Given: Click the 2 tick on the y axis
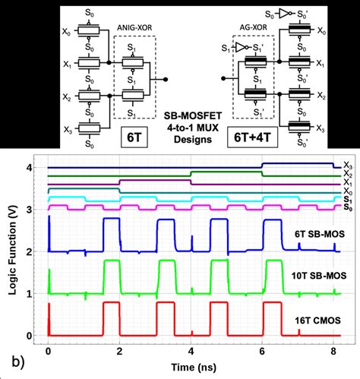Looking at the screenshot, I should tap(30, 252).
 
